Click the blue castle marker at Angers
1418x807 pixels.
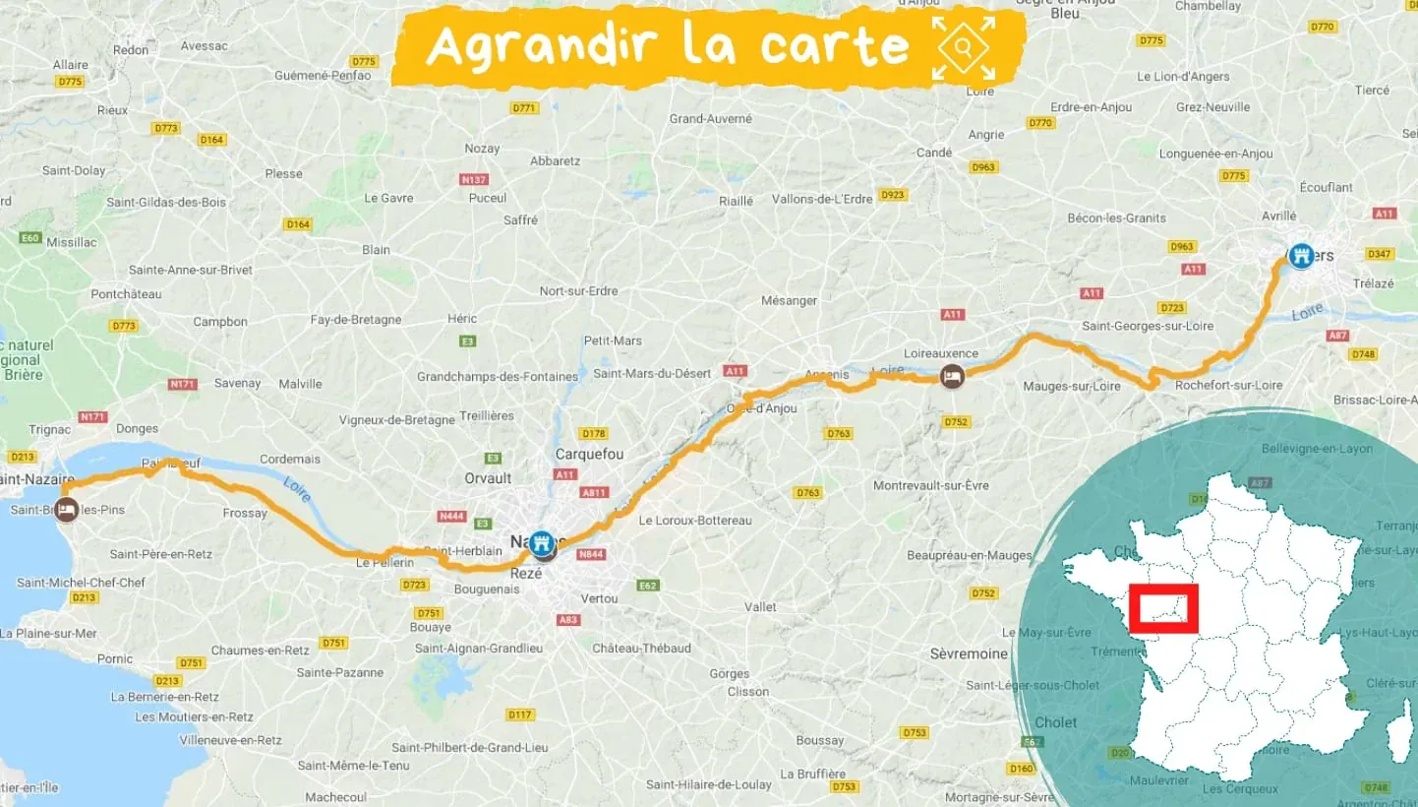pyautogui.click(x=1301, y=256)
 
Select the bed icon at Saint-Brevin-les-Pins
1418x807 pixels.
pyautogui.click(x=66, y=510)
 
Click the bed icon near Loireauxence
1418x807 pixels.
pyautogui.click(x=952, y=376)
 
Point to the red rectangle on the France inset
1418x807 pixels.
pyautogui.click(x=1163, y=608)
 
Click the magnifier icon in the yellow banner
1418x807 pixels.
pyautogui.click(x=964, y=47)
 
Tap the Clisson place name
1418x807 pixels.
pyautogui.click(x=748, y=691)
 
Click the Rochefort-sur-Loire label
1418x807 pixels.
pyautogui.click(x=1228, y=385)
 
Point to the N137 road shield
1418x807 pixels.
pyautogui.click(x=474, y=180)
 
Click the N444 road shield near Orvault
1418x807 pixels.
pyautogui.click(x=452, y=516)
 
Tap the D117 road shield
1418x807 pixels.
pyautogui.click(x=520, y=714)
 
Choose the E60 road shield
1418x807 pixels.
pyautogui.click(x=30, y=238)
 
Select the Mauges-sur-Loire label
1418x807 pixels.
pyautogui.click(x=1072, y=386)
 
